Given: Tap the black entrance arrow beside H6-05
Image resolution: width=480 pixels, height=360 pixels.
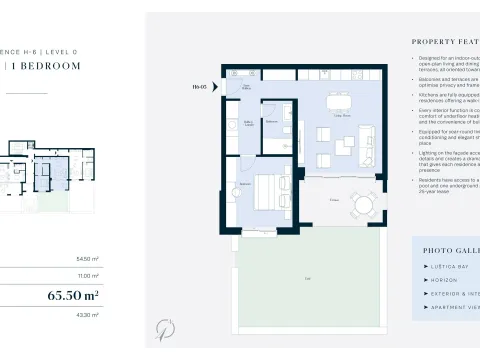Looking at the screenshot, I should click(x=214, y=87).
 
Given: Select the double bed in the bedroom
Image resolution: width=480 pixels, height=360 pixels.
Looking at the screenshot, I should click(x=268, y=189).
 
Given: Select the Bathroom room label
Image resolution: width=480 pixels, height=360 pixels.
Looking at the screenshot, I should click(x=272, y=121).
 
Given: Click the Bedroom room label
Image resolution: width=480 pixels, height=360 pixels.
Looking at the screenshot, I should click(x=244, y=184).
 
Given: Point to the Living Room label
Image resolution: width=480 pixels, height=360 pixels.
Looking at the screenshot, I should click(x=341, y=117).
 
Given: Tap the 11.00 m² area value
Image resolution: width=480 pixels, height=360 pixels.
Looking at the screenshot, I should click(x=90, y=275).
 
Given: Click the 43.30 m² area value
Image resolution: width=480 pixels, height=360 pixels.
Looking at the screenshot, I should click(x=89, y=315).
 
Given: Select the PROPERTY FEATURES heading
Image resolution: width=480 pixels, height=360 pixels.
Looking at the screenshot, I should click(x=445, y=42).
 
